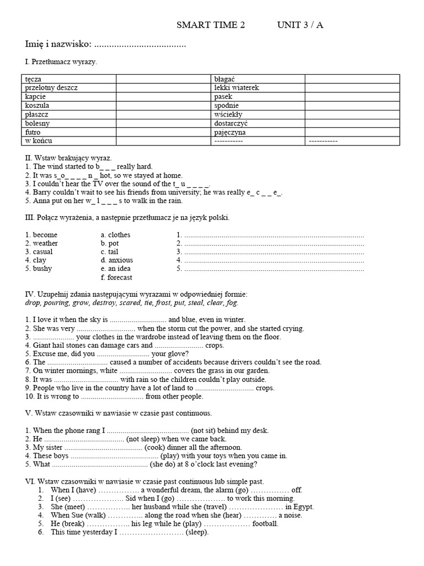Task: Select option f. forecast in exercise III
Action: tap(116, 277)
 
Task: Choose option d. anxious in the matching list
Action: tap(116, 260)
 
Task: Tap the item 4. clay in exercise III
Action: tap(36, 260)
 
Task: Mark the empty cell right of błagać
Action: tap(352, 79)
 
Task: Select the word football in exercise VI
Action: tap(265, 523)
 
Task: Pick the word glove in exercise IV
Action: tap(178, 354)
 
